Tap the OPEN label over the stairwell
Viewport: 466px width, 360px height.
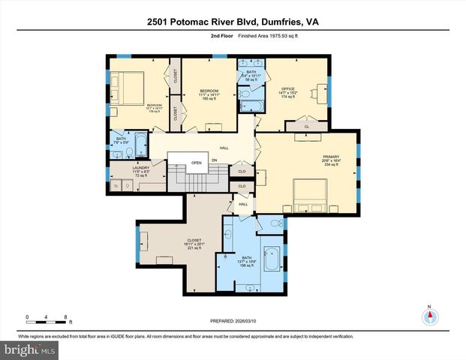point(197,162)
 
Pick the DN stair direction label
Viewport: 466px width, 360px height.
point(215,160)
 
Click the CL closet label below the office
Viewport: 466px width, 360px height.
point(307,127)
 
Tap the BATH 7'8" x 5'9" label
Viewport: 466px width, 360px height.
point(121,140)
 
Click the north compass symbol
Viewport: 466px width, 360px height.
point(429,316)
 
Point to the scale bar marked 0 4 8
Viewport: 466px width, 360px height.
point(47,318)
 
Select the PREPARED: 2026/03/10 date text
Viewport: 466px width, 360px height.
point(233,322)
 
